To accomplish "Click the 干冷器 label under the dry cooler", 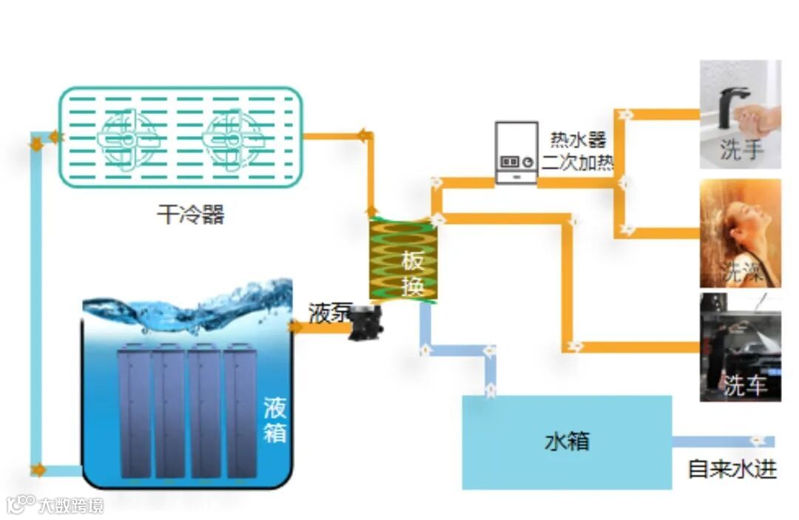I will (x=190, y=215).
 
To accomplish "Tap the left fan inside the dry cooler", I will (x=127, y=138).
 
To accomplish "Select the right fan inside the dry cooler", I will (x=233, y=138).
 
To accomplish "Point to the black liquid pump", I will (x=363, y=323).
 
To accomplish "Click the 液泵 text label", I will (x=328, y=313).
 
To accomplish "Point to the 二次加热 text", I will (x=578, y=162).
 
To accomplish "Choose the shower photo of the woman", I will (x=740, y=232).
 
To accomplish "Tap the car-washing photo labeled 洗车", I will (x=740, y=347).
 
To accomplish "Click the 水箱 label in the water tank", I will (x=567, y=442).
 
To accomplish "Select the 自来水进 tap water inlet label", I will (x=732, y=469).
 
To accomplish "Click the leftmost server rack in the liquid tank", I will (x=134, y=411).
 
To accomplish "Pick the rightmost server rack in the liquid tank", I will (x=240, y=411).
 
